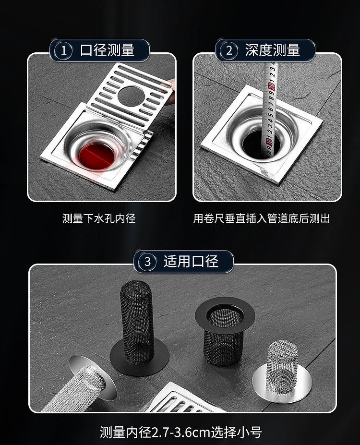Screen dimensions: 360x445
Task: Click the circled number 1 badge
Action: pos(63,50)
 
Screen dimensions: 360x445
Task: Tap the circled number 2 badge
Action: pos(229,50)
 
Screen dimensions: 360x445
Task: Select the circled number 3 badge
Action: pos(147,261)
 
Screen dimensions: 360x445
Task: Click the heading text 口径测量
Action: pos(107,50)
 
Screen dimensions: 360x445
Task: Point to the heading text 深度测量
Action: pos(273,50)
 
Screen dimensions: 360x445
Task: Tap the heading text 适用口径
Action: pos(191,261)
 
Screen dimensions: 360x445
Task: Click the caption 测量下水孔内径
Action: pos(99,218)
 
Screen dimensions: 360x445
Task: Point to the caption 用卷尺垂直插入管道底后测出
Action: pos(262,218)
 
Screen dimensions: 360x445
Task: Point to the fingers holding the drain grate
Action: pos(170,91)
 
